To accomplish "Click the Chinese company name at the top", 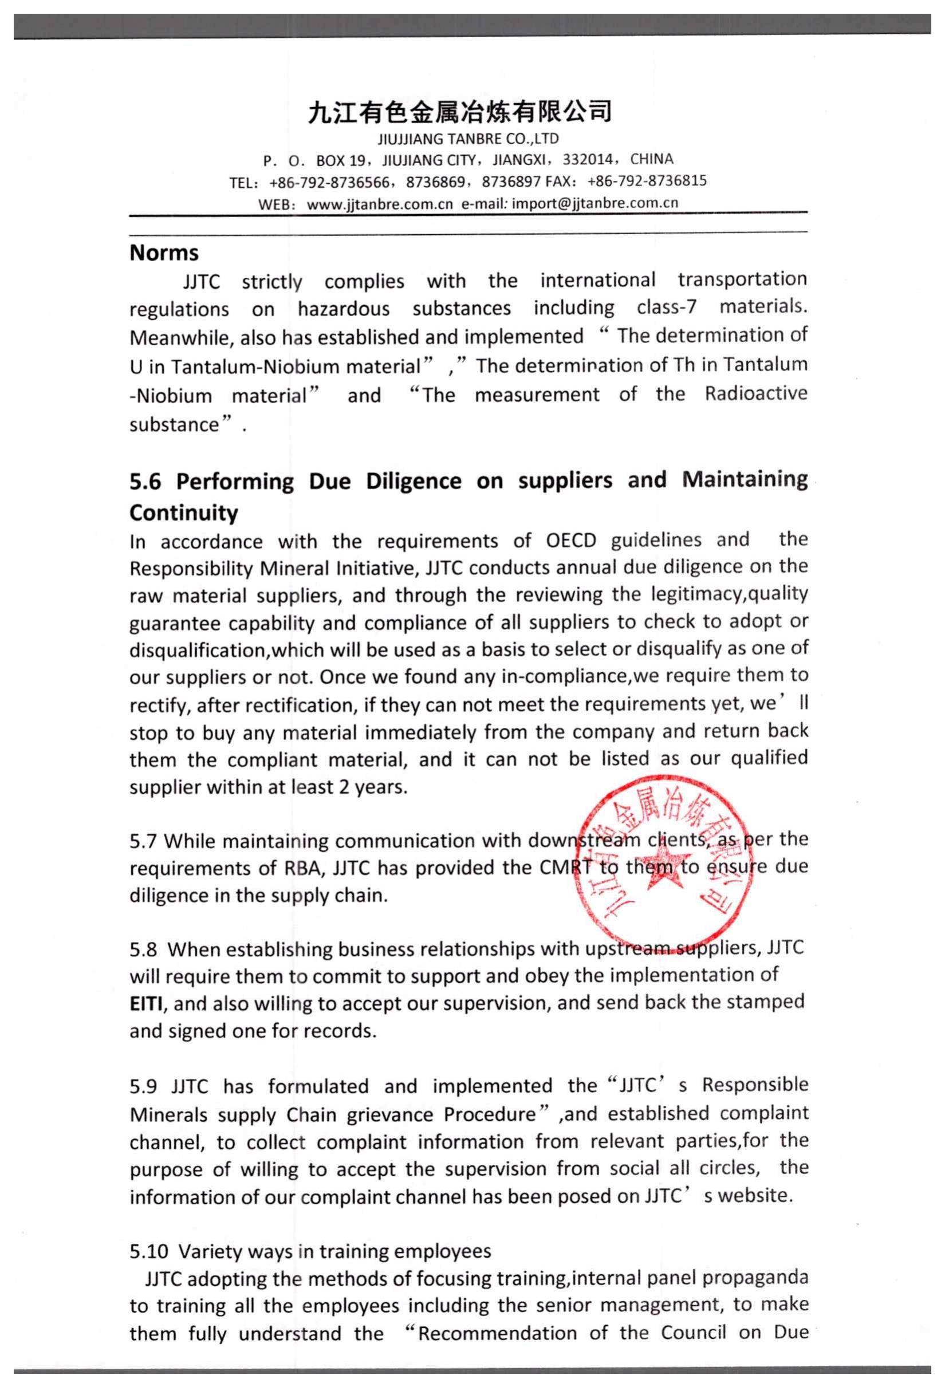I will pos(460,112).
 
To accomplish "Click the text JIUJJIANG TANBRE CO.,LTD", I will pos(468,140).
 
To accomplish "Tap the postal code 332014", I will pos(588,160).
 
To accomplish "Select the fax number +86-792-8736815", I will pos(647,181).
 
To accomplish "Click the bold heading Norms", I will pos(164,253).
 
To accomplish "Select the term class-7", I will pos(666,308).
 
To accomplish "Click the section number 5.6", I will pos(145,482).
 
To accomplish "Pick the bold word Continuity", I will pos(183,513).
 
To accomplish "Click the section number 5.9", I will pos(143,1086).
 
